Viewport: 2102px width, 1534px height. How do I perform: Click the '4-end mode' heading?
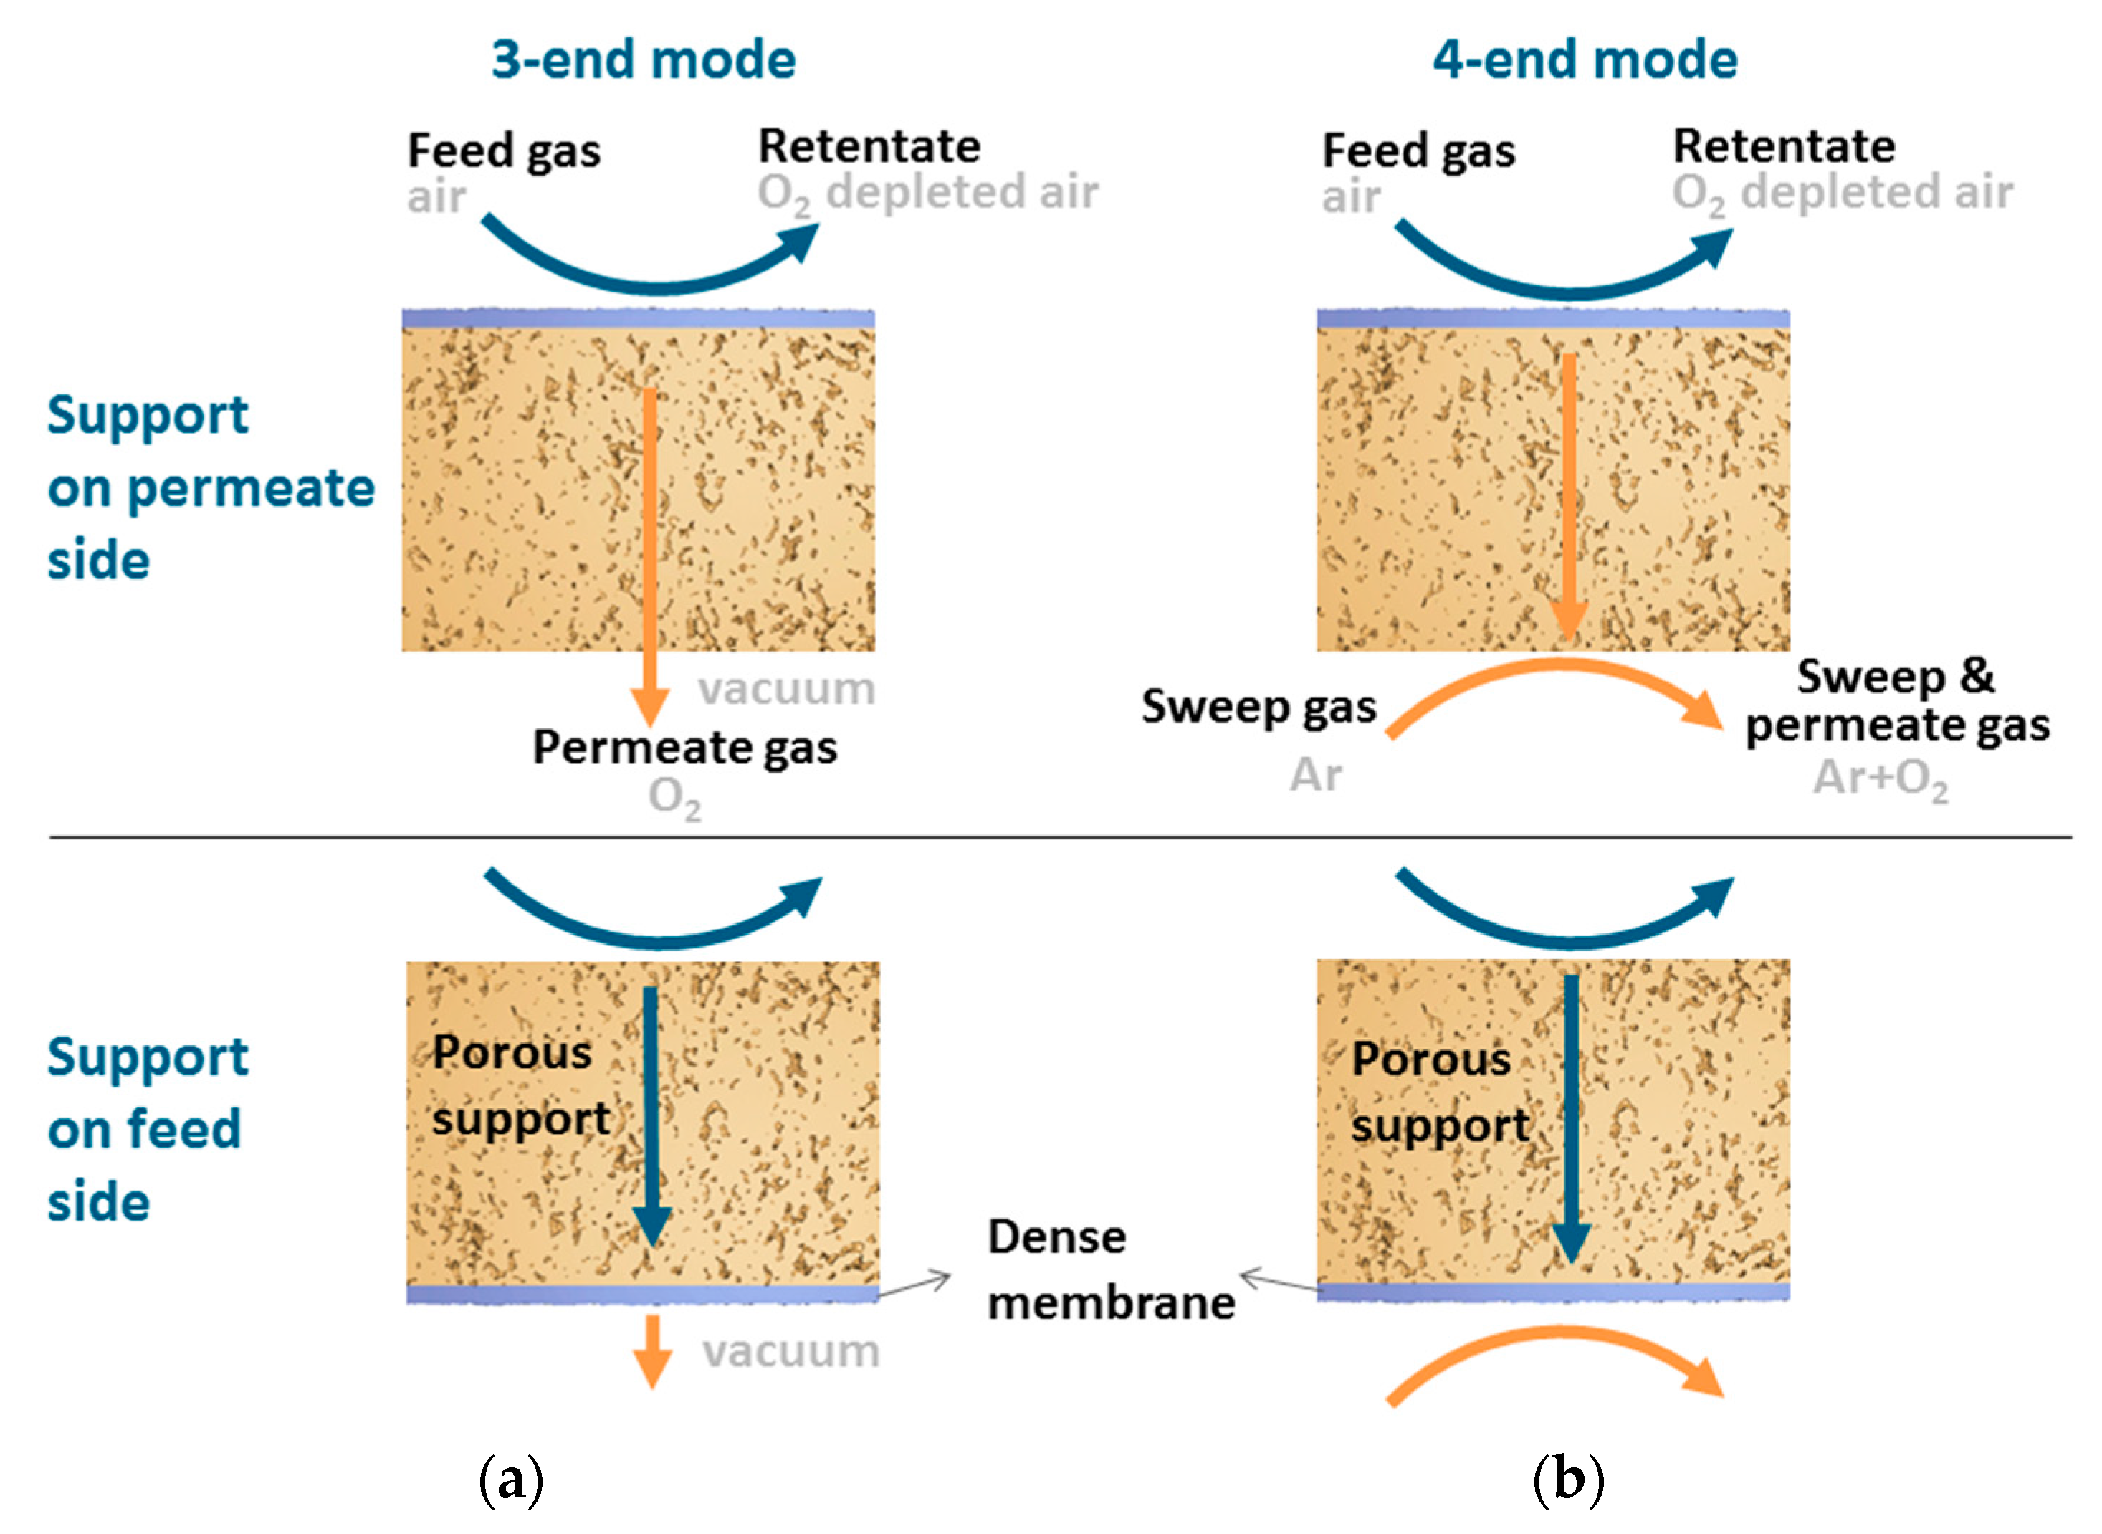1584,59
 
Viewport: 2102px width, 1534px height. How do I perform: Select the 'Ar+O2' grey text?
1880,778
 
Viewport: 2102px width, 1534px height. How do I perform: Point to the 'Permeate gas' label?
684,748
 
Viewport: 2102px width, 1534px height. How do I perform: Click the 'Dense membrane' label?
1109,1269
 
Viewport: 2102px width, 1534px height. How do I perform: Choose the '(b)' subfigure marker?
1568,1480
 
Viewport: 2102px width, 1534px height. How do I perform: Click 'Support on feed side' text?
147,1129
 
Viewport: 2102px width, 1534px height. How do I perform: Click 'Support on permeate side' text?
210,487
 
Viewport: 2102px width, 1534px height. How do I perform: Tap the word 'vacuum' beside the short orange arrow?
790,1351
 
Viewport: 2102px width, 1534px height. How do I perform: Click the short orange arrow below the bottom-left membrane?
653,1351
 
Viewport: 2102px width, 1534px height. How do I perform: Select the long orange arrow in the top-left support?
650,548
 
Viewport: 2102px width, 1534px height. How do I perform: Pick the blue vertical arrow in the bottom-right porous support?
1571,1114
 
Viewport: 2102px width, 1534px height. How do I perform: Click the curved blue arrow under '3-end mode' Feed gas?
650,270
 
